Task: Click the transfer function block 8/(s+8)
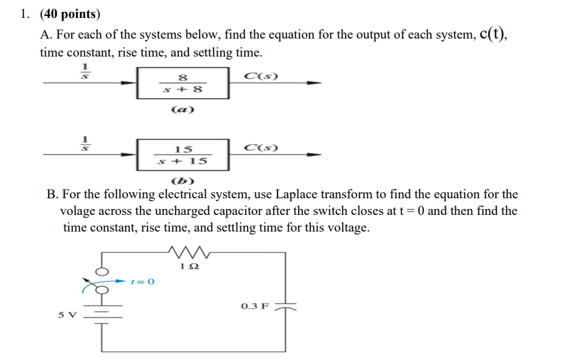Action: (182, 83)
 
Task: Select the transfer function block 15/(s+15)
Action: (182, 155)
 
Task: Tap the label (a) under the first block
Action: (182, 110)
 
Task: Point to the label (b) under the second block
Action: (181, 181)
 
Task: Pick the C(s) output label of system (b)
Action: (261, 147)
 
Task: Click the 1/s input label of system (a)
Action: (85, 71)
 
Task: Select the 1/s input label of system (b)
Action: (85, 143)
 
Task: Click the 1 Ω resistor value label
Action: (190, 266)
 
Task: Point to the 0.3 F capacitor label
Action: (255, 307)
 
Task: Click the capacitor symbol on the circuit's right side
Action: (287, 308)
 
